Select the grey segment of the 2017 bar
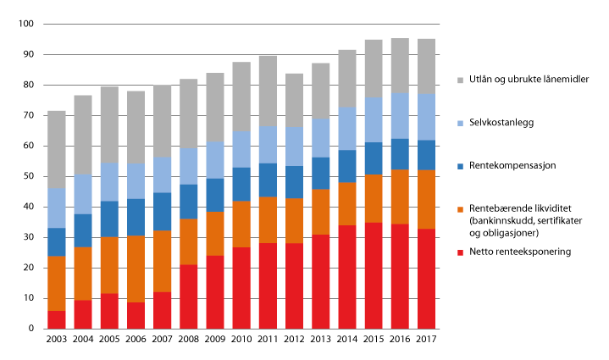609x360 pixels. (x=427, y=67)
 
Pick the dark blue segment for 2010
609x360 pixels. (x=241, y=185)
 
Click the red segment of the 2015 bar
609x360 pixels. (x=374, y=275)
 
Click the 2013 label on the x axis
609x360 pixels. (x=320, y=341)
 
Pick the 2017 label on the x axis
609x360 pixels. (x=427, y=341)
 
